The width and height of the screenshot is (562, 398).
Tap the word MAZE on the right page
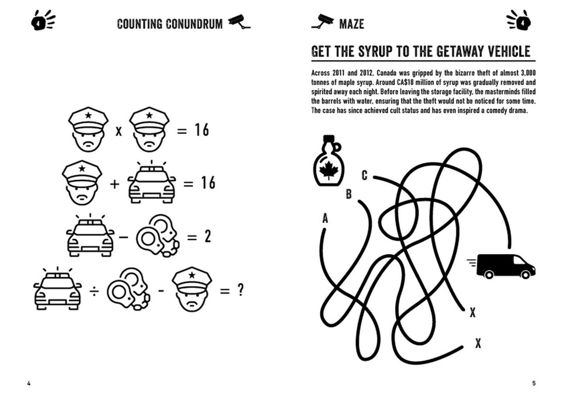point(351,24)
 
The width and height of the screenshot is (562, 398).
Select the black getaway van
point(505,266)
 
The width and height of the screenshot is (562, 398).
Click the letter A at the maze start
point(325,219)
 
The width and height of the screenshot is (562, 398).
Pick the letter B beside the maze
point(348,194)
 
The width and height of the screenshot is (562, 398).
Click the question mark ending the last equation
point(240,290)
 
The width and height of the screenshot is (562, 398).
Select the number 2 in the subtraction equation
point(207,237)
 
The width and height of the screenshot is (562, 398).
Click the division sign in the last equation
point(94,290)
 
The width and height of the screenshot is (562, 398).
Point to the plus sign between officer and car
point(114,184)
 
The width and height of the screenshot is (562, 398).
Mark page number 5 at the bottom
point(533,383)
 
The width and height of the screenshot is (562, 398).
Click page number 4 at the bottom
point(29,383)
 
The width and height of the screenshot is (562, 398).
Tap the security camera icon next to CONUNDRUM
point(239,22)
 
